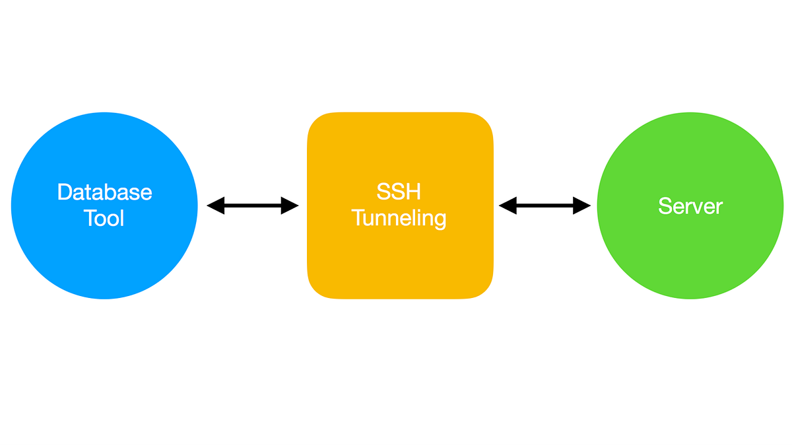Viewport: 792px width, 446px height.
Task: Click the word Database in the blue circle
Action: [104, 192]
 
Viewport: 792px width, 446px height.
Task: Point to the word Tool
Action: [104, 218]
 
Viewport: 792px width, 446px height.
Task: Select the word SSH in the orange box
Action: [399, 192]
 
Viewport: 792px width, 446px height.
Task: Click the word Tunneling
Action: [399, 218]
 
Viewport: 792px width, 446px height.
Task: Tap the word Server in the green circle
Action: [690, 206]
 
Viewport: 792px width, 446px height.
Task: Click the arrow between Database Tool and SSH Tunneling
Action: [253, 206]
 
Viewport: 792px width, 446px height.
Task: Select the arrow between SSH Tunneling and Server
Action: [544, 206]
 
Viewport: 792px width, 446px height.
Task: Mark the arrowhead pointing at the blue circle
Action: [215, 206]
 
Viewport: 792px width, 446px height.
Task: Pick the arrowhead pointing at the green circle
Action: [582, 206]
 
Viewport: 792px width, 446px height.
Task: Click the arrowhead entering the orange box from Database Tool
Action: [290, 206]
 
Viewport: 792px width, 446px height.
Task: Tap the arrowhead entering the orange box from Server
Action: [507, 206]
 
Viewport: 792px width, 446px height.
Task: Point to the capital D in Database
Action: [65, 192]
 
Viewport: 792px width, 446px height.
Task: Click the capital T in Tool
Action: [90, 218]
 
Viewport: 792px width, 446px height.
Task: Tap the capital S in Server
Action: [665, 206]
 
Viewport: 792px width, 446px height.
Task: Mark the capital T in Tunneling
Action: [358, 218]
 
